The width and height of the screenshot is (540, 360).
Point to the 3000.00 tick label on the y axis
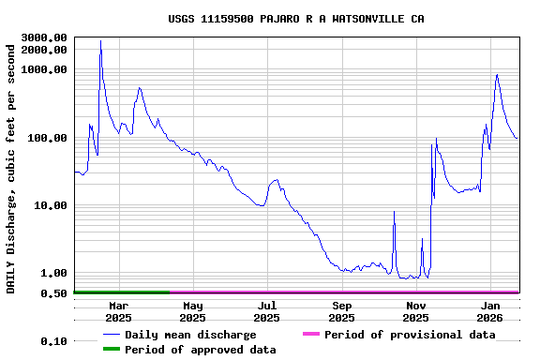tap(44, 37)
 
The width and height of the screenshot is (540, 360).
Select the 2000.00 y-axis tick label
tap(44, 49)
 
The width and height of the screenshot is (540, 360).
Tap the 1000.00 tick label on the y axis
tap(44, 69)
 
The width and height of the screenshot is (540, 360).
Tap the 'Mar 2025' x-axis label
tap(119, 311)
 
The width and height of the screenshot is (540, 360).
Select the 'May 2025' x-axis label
tap(193, 311)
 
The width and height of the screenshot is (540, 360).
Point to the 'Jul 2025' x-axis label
tap(267, 311)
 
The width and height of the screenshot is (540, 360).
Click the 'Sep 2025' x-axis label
tap(342, 311)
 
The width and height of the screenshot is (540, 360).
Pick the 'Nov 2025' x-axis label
tap(416, 311)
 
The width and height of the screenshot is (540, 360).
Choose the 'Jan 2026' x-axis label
tap(490, 311)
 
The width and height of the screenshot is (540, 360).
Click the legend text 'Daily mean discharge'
tap(190, 335)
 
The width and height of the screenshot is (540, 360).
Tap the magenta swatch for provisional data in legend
tap(310, 335)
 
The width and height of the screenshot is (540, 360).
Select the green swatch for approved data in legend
tap(112, 350)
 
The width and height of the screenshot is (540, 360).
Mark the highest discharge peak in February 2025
tap(100, 41)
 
